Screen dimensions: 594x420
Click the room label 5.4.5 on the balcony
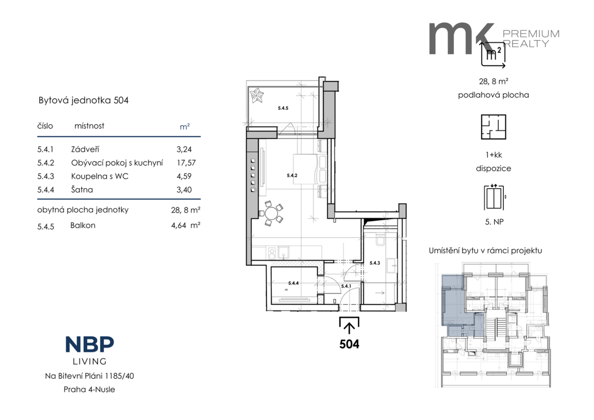(x=283, y=108)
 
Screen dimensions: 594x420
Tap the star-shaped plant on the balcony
(x=257, y=96)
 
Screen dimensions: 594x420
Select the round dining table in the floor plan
(x=271, y=213)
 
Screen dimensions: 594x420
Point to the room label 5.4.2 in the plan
(x=292, y=175)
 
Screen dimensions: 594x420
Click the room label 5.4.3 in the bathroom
(x=375, y=263)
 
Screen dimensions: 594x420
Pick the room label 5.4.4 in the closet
(x=293, y=283)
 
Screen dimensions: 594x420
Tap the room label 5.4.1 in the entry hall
(x=346, y=286)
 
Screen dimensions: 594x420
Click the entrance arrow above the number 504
(x=349, y=328)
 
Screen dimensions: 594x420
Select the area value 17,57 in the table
(x=186, y=162)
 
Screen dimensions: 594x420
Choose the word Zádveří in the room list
(x=85, y=149)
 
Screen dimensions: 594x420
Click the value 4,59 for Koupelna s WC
(x=184, y=176)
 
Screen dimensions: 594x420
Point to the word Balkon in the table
(x=83, y=225)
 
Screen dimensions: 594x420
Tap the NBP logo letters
(x=90, y=344)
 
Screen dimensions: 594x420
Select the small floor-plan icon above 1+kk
(x=494, y=127)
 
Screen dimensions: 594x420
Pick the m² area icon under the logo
(x=493, y=54)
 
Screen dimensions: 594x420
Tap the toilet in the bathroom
(x=380, y=240)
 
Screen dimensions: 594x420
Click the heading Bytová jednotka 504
(x=84, y=100)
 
